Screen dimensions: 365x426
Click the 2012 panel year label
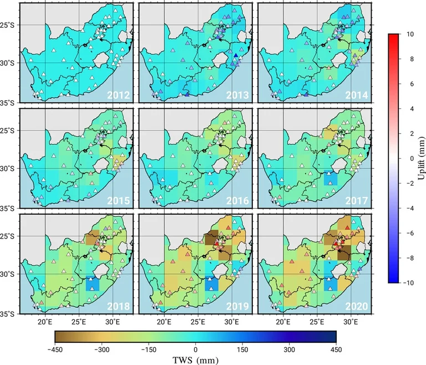click(119, 95)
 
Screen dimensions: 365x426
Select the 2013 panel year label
click(237, 95)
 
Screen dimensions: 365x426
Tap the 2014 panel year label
click(357, 95)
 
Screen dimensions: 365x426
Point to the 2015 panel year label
click(119, 200)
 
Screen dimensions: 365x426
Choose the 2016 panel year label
click(237, 200)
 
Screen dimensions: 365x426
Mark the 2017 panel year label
click(357, 200)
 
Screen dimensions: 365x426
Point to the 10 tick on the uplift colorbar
click(410, 34)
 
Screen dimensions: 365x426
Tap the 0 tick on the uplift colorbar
click(408, 159)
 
